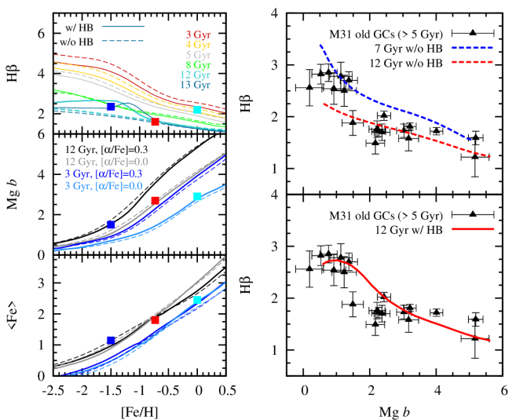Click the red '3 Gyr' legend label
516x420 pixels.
[198, 35]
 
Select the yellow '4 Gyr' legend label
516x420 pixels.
[198, 46]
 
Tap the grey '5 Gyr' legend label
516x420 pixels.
[198, 56]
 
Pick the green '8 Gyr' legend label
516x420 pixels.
[198, 66]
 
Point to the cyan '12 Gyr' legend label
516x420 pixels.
[196, 75]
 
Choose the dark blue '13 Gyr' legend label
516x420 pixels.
[196, 86]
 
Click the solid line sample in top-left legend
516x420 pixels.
[123, 27]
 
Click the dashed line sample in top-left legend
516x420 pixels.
[123, 39]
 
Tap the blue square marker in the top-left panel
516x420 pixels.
[111, 106]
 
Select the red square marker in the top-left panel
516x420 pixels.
[155, 122]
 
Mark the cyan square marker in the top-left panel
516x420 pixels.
[197, 110]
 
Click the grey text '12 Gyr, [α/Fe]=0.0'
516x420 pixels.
[106, 162]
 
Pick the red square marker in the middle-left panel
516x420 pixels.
[155, 200]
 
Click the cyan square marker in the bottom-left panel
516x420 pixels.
[197, 300]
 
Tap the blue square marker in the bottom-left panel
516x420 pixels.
[111, 340]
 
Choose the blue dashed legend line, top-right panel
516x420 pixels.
[472, 48]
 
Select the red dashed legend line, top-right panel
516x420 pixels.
[472, 60]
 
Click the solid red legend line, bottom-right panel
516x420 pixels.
[473, 229]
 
